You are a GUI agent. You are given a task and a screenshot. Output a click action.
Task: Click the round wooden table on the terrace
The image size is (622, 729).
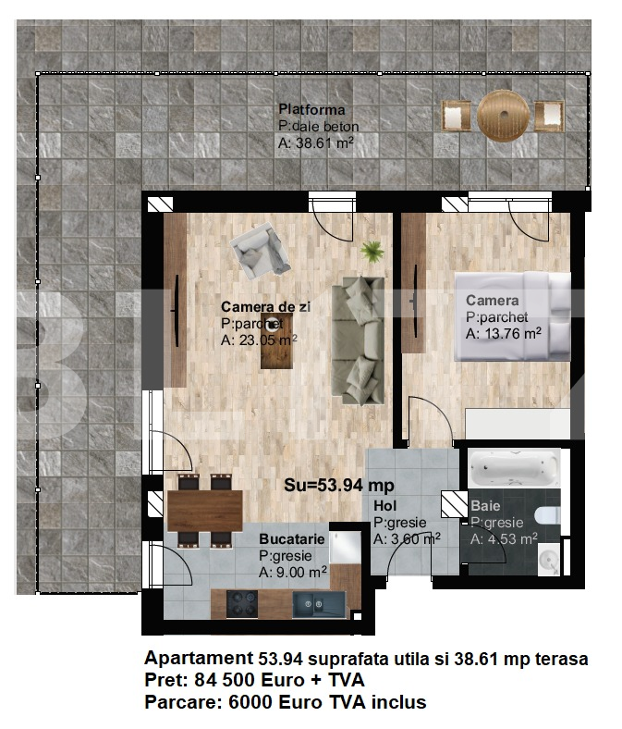tap(503, 116)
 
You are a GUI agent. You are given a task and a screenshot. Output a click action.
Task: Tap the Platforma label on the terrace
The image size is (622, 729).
tap(311, 110)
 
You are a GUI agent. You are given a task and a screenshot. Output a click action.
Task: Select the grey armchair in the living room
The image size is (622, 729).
tap(260, 251)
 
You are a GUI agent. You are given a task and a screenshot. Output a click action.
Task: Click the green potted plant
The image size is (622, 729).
tap(372, 252)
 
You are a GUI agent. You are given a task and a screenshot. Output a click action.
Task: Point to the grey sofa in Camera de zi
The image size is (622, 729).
tap(359, 340)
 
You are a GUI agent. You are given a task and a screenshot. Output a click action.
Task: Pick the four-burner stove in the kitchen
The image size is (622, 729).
tap(242, 604)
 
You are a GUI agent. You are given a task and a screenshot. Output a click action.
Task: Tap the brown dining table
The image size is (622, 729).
tap(205, 511)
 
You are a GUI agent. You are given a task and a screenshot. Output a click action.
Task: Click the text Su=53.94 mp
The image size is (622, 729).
tap(339, 485)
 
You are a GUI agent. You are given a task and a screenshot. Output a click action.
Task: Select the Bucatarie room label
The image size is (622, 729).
tap(292, 538)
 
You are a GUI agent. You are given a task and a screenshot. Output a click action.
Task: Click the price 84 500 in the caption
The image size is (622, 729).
tap(226, 680)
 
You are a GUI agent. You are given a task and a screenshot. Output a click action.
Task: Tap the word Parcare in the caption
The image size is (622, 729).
tap(184, 702)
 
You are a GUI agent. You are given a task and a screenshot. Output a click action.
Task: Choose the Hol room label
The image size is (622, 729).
tap(385, 505)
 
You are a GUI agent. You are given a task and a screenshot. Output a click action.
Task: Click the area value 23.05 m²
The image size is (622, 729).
tap(268, 340)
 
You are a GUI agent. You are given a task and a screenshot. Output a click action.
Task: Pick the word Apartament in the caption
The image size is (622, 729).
tap(199, 659)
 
